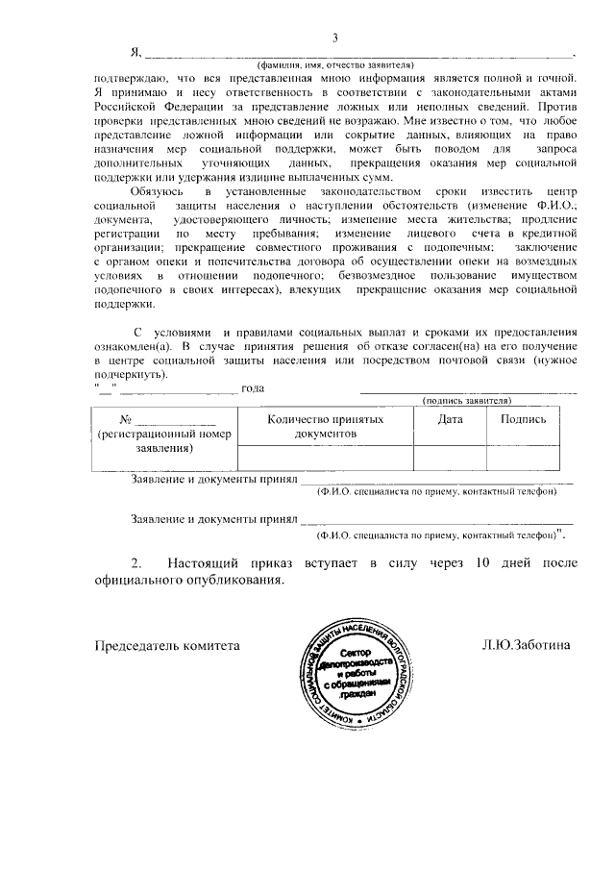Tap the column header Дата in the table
[x=450, y=419]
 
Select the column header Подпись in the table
[x=524, y=419]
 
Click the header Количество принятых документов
[x=326, y=427]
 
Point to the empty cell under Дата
[x=450, y=459]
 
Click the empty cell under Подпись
[x=524, y=459]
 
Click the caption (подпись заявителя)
[x=467, y=399]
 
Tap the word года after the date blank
[x=253, y=388]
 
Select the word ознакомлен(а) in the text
[x=135, y=344]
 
